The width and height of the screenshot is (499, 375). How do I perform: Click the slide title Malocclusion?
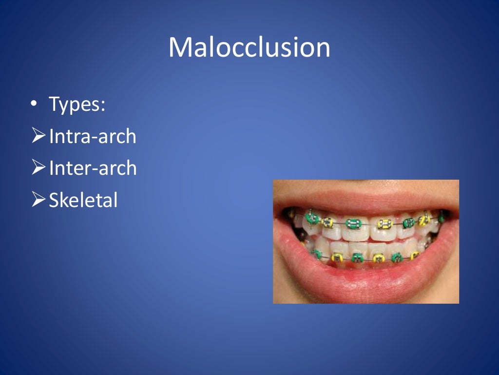pos(249,48)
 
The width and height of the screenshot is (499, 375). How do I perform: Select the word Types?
pos(77,104)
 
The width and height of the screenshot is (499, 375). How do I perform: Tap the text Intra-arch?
pos(93,136)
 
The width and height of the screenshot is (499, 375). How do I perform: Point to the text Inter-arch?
pos(93,168)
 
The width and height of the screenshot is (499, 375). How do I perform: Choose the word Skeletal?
pos(83,200)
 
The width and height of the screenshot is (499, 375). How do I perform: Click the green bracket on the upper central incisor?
pos(353,224)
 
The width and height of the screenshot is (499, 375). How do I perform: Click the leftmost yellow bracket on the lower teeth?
pos(337,257)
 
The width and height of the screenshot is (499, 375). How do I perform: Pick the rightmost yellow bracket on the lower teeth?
pos(415,255)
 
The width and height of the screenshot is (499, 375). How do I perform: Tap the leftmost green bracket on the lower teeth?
pos(317,254)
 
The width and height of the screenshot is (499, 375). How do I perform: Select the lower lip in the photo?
pos(365,281)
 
